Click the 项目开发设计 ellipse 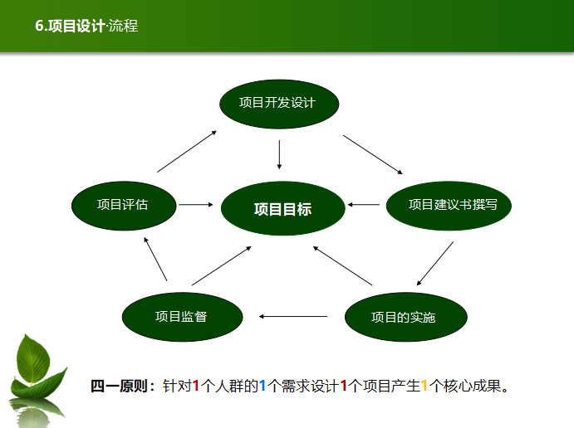point(279,104)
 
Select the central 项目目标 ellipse point(283,208)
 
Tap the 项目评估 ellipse point(124,206)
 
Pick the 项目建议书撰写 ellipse point(449,206)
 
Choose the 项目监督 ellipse point(182,317)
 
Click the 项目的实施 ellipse point(406,317)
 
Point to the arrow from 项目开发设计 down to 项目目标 point(279,154)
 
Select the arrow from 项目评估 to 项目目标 point(196,205)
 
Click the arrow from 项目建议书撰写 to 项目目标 point(364,205)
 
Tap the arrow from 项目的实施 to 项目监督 point(293,317)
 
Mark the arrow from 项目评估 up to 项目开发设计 point(187,151)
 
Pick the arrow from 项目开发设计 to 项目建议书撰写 point(373,154)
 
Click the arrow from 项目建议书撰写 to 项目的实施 point(435,263)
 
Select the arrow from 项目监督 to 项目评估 point(155,259)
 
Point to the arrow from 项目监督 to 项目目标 point(222,265)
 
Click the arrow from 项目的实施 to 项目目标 point(342,265)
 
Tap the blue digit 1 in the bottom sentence point(262,386)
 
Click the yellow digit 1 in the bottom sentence point(424,386)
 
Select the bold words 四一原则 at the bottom point(120,386)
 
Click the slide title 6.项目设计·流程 point(86,26)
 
